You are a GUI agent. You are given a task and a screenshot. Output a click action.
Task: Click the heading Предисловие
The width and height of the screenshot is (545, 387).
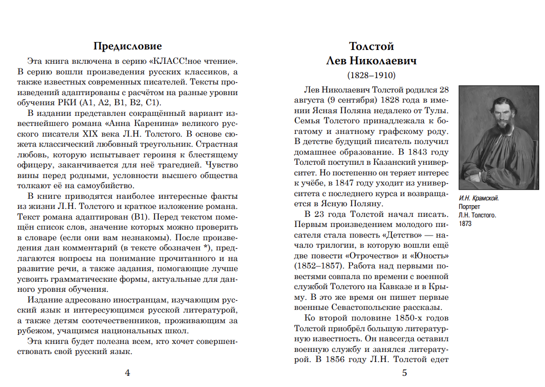pyautogui.click(x=127, y=46)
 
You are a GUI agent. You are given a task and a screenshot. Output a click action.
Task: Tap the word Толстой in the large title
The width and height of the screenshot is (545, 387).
pyautogui.click(x=371, y=46)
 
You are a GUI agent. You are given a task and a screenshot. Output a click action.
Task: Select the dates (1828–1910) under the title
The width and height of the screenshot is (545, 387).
pyautogui.click(x=371, y=74)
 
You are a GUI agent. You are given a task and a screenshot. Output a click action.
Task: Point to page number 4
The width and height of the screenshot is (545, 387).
pyautogui.click(x=127, y=373)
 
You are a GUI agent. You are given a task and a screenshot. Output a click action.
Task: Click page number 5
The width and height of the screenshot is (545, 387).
pyautogui.click(x=404, y=373)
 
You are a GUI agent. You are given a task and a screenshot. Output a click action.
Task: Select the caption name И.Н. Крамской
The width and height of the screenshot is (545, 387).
pyautogui.click(x=479, y=198)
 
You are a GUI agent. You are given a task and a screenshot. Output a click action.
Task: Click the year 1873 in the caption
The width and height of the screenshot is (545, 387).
pyautogui.click(x=465, y=223)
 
